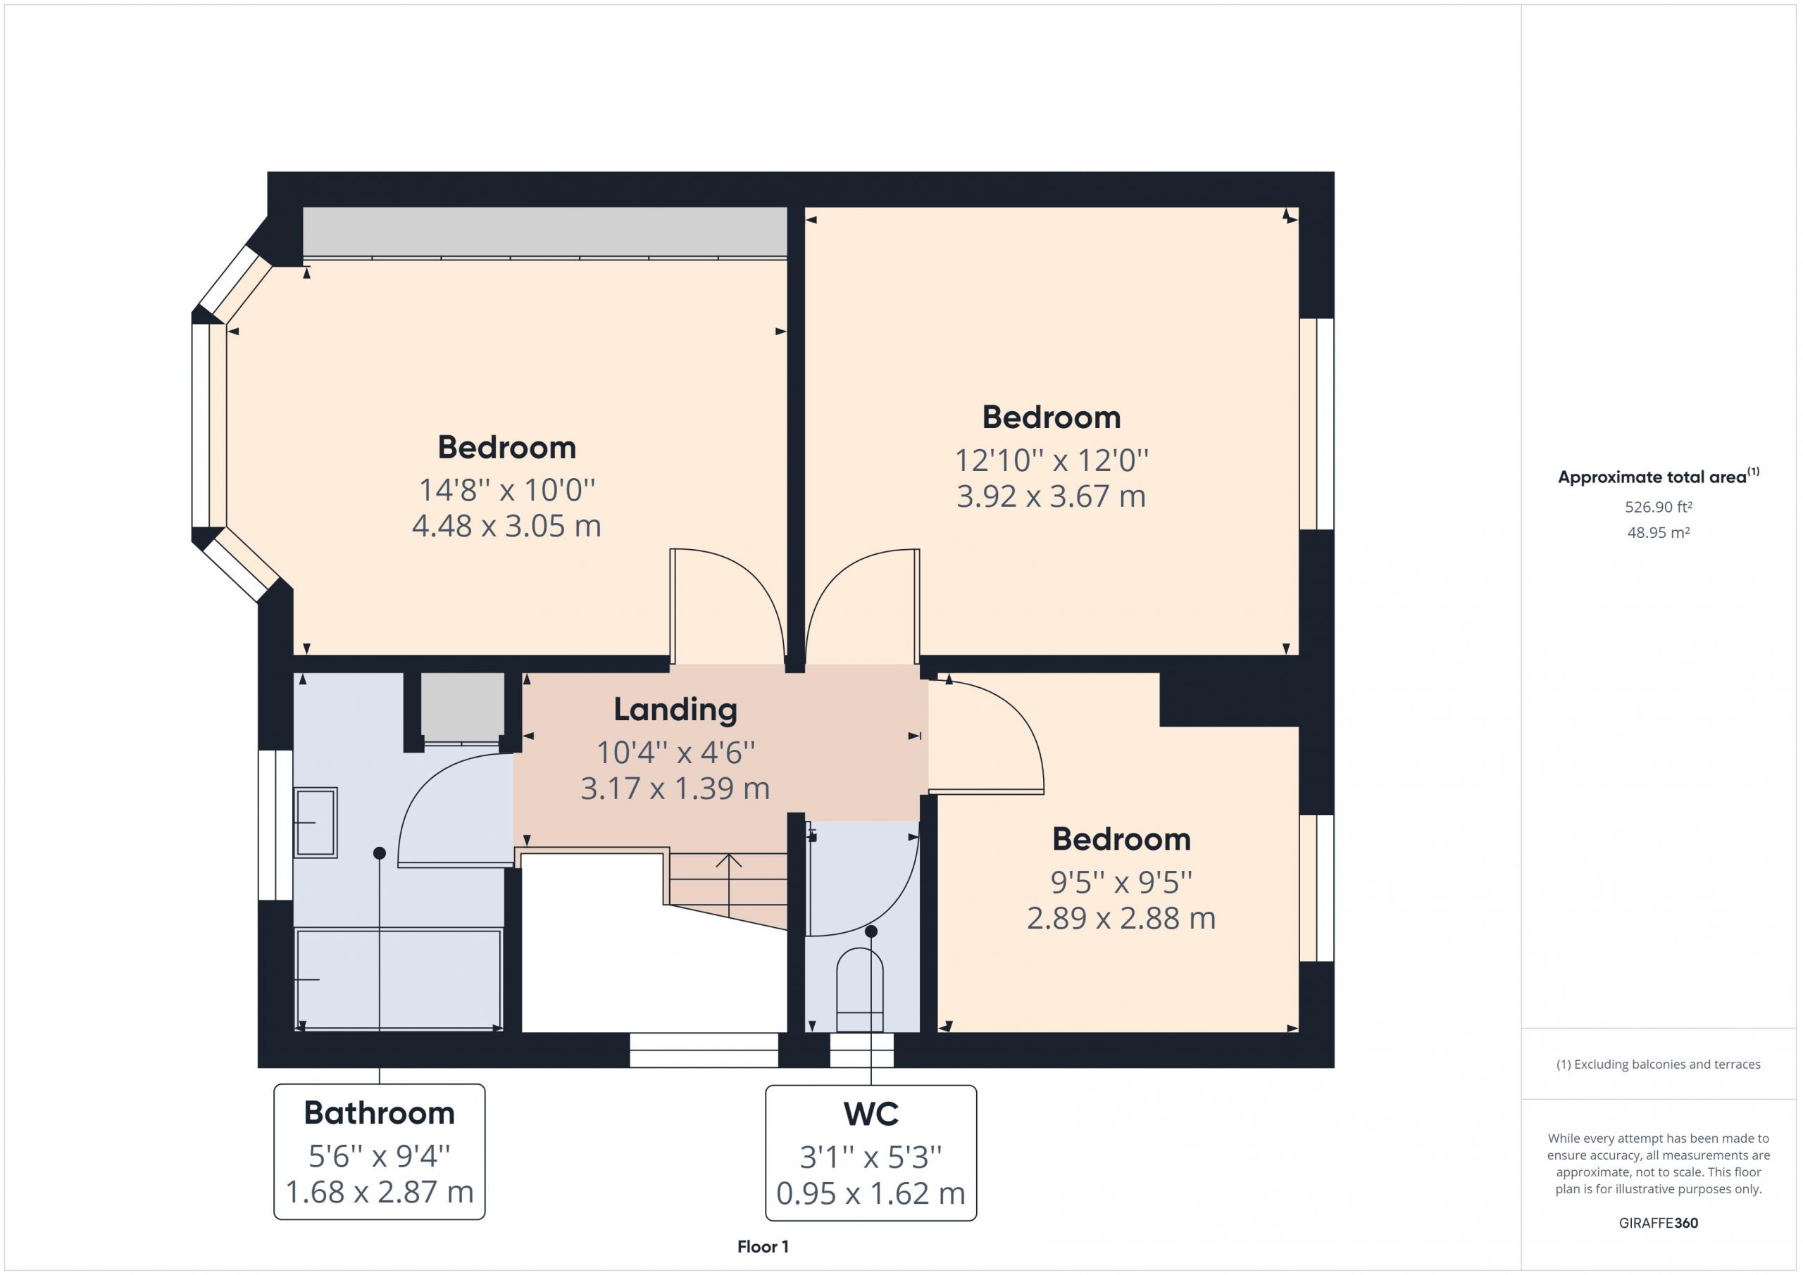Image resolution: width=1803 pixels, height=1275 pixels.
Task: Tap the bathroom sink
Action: point(316,822)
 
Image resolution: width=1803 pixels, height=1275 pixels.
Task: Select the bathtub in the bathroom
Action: point(399,979)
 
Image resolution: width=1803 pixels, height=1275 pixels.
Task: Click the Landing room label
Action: point(675,709)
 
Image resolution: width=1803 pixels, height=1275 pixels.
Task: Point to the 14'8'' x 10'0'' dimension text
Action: point(507,490)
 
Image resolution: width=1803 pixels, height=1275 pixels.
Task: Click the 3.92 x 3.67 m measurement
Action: point(1052,496)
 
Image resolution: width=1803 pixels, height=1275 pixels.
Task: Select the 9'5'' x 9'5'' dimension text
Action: point(1121,882)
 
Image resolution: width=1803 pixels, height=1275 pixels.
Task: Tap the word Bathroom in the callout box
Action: point(380,1112)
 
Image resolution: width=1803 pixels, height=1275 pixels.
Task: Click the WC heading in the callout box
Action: point(871,1113)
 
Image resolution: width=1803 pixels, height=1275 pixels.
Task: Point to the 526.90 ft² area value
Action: point(1659,507)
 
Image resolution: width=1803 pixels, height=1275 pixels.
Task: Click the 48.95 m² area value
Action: point(1659,532)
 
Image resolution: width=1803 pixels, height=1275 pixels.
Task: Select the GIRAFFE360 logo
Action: point(1659,1222)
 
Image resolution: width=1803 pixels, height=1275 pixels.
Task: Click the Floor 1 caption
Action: point(763,1246)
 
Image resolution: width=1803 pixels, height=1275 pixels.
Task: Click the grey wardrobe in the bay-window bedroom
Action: point(545,232)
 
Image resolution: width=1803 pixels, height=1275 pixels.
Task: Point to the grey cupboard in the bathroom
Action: point(463,704)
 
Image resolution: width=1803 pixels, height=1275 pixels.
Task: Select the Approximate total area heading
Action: point(1659,476)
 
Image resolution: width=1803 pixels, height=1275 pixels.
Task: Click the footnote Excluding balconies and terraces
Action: point(1659,1064)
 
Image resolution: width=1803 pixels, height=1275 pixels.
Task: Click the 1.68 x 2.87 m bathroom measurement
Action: point(380,1191)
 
